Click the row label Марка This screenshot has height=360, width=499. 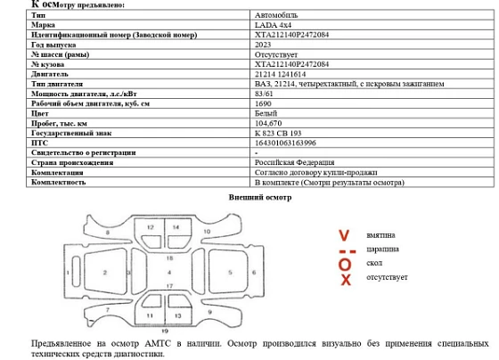(43, 25)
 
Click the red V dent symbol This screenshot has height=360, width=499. (344, 235)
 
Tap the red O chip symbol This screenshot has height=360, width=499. (345, 265)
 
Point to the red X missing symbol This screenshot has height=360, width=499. (345, 280)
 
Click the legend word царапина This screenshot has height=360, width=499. (383, 250)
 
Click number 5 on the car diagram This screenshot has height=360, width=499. (230, 271)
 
